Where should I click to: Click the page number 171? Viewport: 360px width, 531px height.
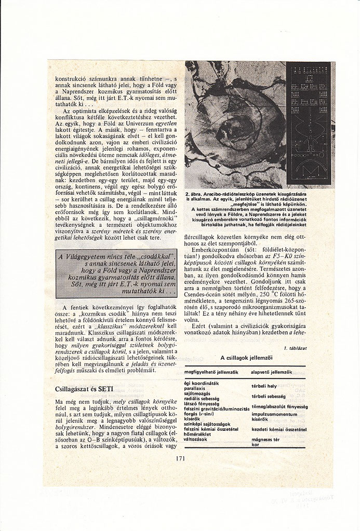tap(180, 458)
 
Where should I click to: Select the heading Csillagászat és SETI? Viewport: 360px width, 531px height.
tap(81, 388)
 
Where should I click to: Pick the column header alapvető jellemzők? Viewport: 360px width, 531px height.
tap(271, 373)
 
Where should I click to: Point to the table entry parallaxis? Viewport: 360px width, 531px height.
tap(195, 387)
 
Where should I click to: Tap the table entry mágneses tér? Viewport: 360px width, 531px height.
tap(266, 439)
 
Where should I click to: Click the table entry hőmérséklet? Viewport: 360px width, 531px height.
tap(198, 434)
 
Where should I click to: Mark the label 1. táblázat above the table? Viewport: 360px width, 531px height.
tap(294, 347)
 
